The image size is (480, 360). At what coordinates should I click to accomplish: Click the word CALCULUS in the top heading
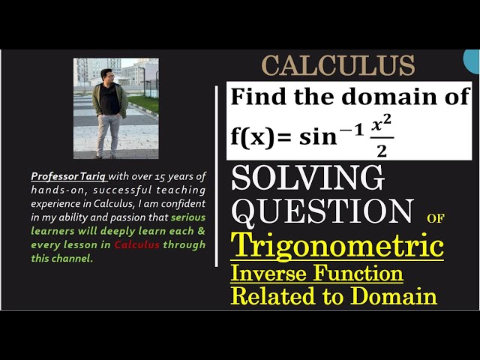point(337,66)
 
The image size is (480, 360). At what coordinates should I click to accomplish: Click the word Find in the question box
point(256,97)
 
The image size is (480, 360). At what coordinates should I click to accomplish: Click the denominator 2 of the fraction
point(382,151)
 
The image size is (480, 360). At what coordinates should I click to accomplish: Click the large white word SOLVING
point(307,178)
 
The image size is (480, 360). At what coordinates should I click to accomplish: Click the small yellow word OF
point(435,219)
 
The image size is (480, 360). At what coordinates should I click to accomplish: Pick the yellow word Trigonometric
point(337,245)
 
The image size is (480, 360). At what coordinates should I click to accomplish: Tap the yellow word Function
point(360,272)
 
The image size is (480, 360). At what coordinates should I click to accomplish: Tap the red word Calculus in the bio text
point(136,245)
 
